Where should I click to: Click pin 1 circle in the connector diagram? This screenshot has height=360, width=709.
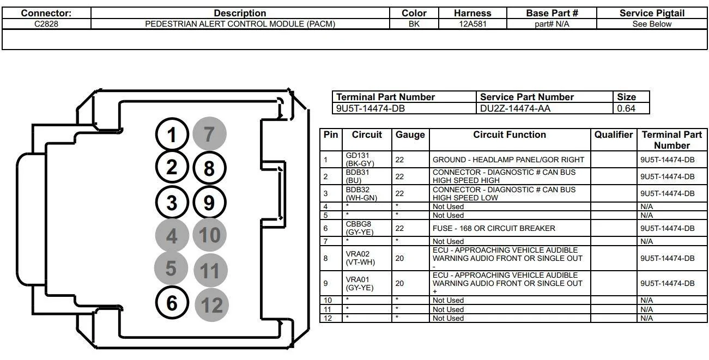click(172, 135)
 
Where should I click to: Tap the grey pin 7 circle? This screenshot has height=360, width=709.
click(209, 134)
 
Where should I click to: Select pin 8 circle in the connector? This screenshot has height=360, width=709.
click(209, 169)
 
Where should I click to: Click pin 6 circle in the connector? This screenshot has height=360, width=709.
click(172, 303)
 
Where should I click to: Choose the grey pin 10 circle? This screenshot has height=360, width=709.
click(209, 235)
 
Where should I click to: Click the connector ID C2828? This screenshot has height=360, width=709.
click(46, 24)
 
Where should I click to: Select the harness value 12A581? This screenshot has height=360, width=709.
click(472, 24)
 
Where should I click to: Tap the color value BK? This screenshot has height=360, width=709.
click(414, 24)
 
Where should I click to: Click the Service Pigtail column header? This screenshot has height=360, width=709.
click(652, 13)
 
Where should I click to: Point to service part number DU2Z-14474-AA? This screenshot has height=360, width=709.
click(515, 108)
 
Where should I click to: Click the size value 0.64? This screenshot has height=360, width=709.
click(626, 108)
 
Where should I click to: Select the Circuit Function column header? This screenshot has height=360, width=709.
click(510, 135)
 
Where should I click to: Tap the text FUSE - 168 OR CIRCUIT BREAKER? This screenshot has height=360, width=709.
click(494, 228)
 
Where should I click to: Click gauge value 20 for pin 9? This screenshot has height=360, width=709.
click(399, 283)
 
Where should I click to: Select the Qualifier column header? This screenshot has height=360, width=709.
click(614, 135)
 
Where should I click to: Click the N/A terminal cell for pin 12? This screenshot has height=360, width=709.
click(647, 318)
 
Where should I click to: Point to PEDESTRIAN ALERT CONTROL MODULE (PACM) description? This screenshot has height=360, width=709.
click(240, 24)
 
